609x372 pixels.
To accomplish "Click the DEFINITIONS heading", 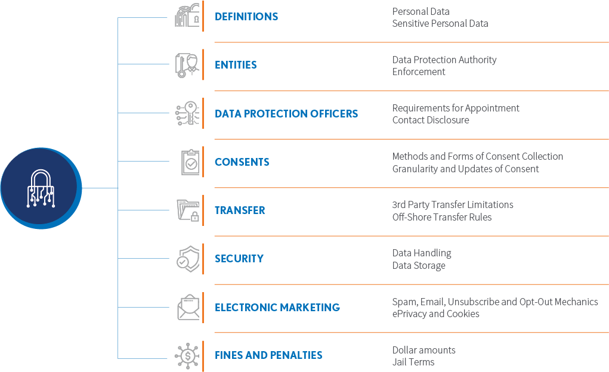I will (x=246, y=17).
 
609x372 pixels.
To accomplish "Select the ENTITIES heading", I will (x=236, y=65).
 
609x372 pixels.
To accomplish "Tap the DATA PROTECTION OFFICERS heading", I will (x=286, y=113).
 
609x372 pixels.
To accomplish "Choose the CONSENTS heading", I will (x=242, y=162).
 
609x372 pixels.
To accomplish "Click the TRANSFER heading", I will (x=240, y=210).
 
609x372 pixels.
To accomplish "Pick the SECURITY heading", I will (x=239, y=259).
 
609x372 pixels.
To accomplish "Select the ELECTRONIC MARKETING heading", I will (x=277, y=308).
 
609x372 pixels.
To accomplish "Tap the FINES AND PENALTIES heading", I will (x=268, y=355).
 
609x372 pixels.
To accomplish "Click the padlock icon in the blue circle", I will (x=41, y=188).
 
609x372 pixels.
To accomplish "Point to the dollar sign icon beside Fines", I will (x=188, y=356).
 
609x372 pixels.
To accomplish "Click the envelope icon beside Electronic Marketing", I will (x=188, y=307).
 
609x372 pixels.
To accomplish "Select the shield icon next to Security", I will (x=188, y=259).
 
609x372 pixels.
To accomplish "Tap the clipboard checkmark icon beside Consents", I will (x=190, y=162).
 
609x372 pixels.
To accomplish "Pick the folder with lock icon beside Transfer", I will (x=188, y=210).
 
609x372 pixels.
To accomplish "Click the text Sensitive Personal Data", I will (x=440, y=24).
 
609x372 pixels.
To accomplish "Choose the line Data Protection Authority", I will (x=444, y=60).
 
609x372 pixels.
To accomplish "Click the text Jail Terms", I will (x=413, y=362).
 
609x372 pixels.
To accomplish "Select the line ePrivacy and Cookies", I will (x=435, y=314).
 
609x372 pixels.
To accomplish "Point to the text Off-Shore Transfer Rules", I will (x=441, y=217).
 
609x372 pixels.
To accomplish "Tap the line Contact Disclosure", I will (x=430, y=120).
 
